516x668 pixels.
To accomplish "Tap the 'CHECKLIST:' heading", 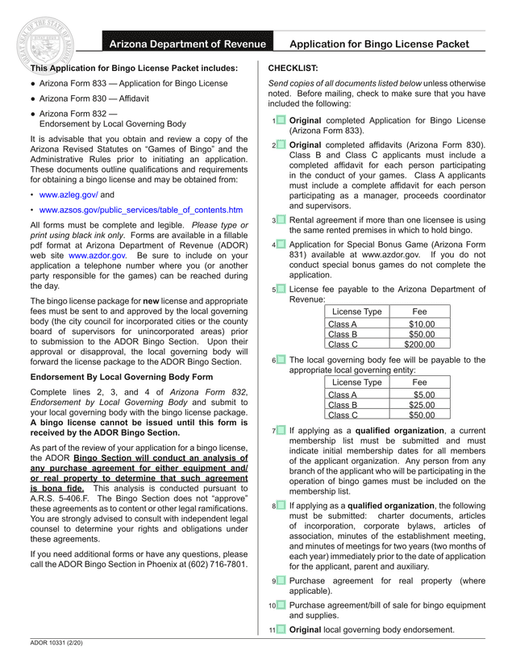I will pos(293,69).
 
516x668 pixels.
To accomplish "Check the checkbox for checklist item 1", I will pos(281,120).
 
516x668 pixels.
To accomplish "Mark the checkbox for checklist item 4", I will pos(281,244).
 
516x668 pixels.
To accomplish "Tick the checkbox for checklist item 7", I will pos(281,431).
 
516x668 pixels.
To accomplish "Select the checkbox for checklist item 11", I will pos(281,629).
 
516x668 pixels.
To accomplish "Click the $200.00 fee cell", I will pos(419,344).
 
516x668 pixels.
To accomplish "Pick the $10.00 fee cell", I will pos(419,324).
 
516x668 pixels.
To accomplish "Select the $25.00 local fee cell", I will pos(419,405).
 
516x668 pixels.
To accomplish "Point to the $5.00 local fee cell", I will pos(419,395).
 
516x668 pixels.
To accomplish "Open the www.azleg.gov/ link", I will pos(69,195).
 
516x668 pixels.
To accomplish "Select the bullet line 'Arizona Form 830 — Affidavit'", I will pos(94,98).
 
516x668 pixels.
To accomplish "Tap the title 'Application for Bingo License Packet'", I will pos(379,44).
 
